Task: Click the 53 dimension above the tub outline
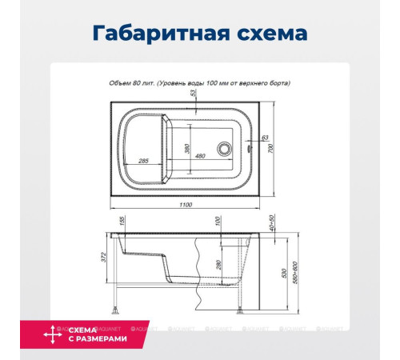tap(193, 94)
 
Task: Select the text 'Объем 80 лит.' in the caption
tap(131, 82)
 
